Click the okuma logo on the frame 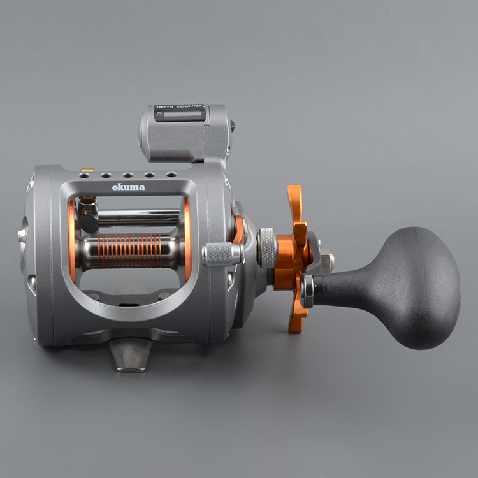coord(128,187)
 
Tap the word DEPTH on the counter coord(165,106)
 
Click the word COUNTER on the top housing coord(189,106)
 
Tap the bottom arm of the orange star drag coord(296,317)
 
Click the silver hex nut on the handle coord(328,261)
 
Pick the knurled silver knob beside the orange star coord(267,248)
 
